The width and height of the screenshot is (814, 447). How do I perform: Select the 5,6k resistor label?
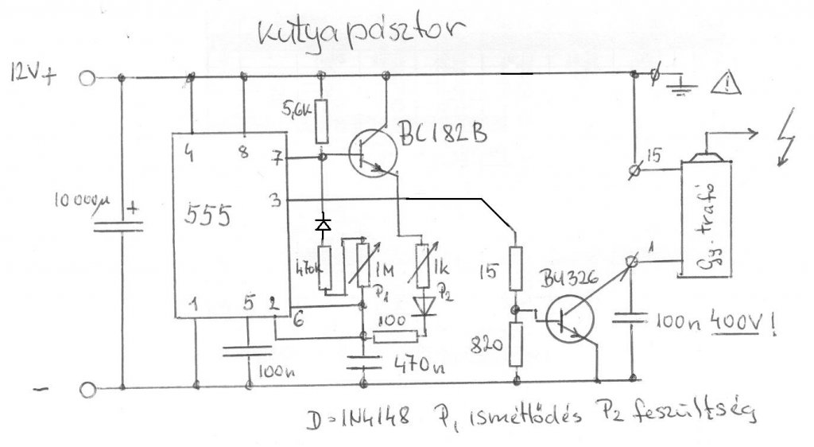coord(297,109)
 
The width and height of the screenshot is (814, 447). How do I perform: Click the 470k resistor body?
coord(324,270)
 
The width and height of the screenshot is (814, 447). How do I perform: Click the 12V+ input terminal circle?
coord(87,78)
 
